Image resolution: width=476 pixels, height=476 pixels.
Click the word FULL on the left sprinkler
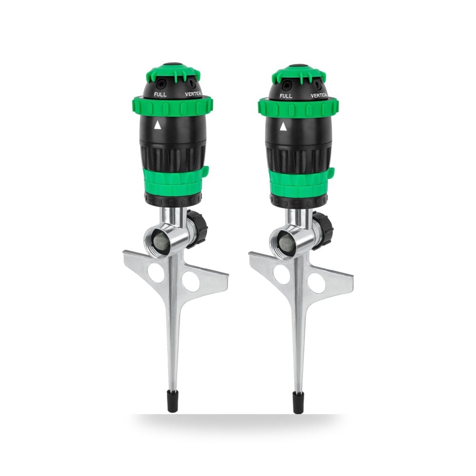160,94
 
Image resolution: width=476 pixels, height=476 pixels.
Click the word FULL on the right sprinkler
286,96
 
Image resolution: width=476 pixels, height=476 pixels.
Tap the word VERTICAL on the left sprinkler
193,94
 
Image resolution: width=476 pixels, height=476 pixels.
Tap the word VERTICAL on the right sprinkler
319,95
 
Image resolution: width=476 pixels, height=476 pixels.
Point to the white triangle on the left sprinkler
157,125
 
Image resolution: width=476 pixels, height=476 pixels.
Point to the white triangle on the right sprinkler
283,127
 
